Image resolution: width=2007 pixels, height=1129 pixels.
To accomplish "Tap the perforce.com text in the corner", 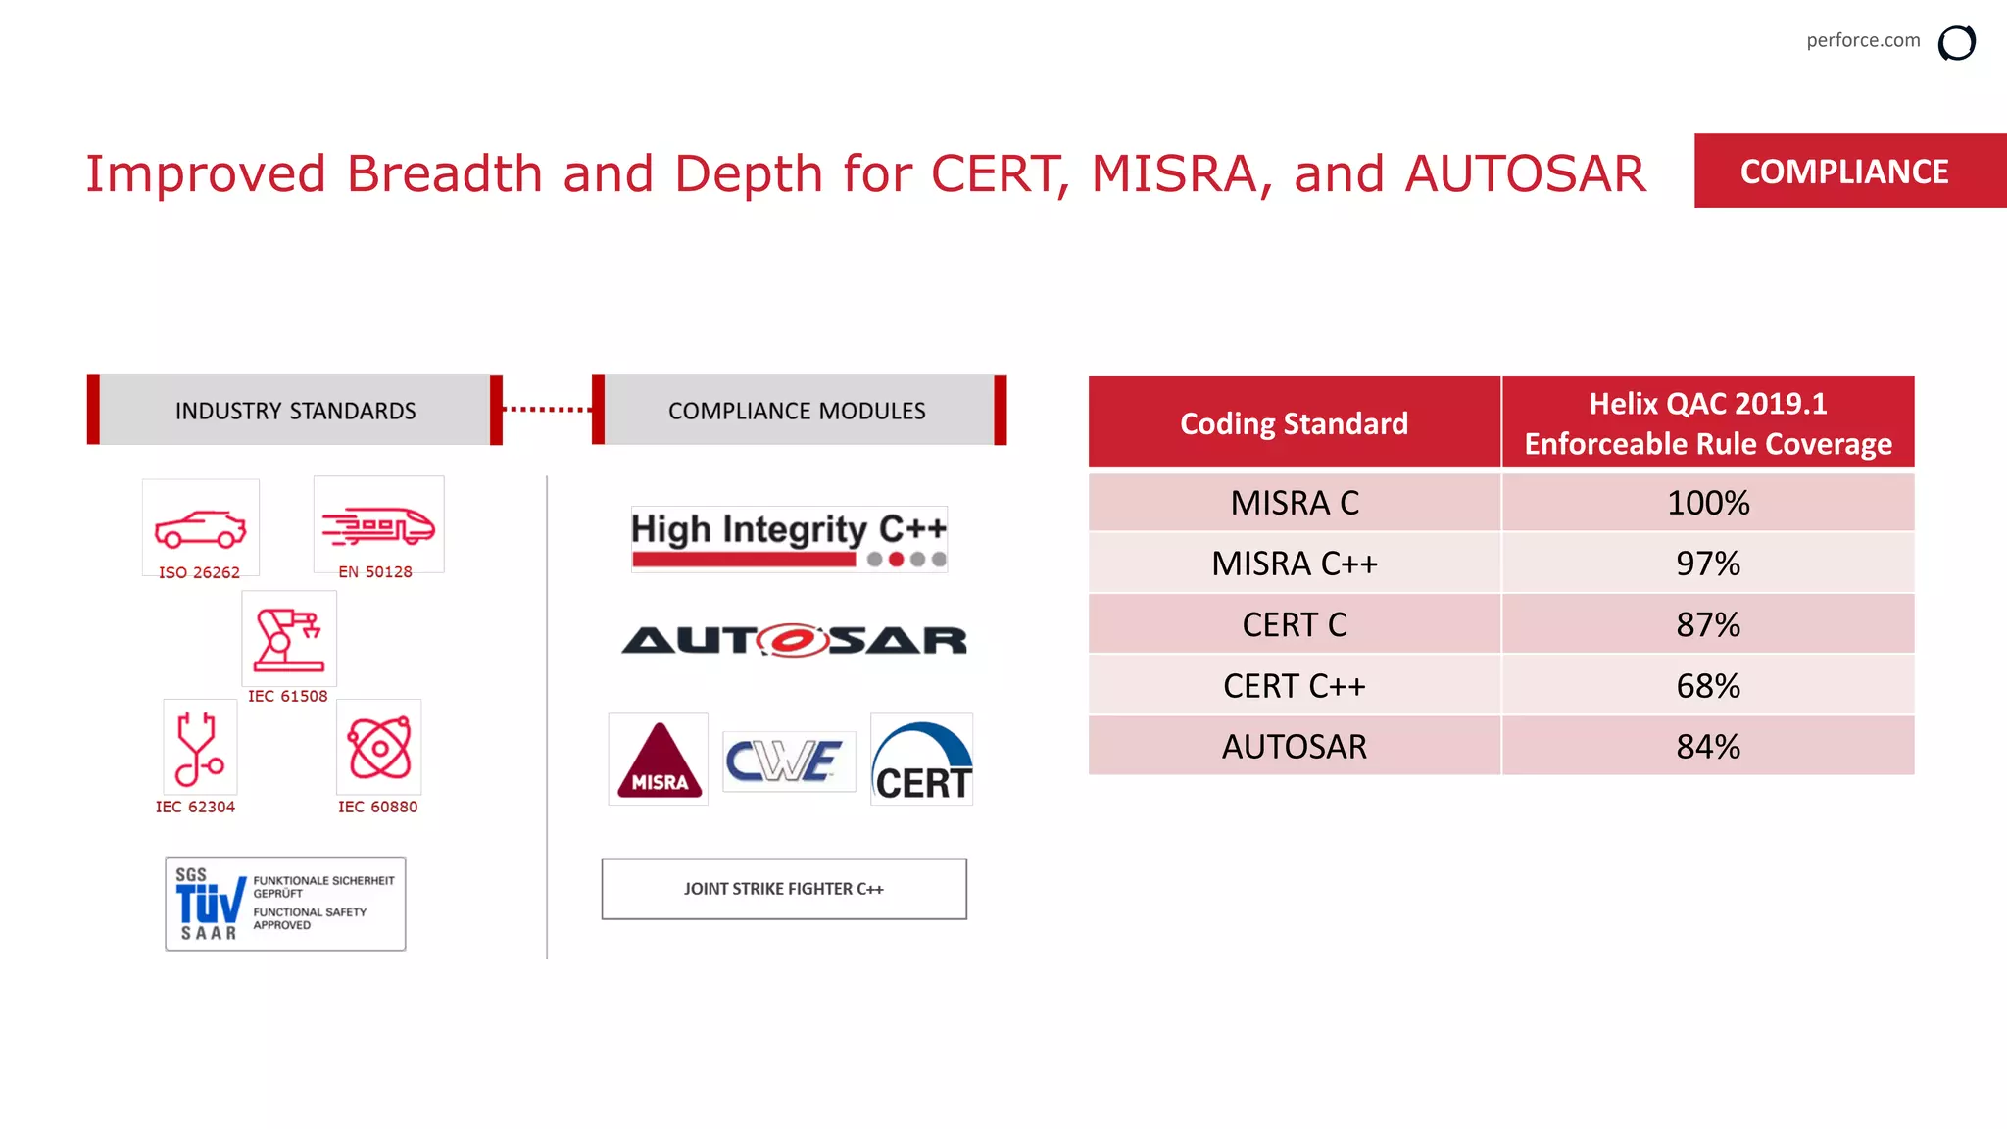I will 1862,40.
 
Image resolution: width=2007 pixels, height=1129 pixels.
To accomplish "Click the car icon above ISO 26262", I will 200,528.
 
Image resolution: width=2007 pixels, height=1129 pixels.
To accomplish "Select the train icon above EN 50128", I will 378,526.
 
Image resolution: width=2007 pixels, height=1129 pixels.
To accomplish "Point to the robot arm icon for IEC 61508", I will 288,639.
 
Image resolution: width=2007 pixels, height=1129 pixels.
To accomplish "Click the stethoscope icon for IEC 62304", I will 199,748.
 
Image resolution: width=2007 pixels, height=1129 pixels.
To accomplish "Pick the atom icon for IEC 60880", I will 378,748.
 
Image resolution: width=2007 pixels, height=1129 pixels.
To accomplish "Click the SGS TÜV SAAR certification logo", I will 285,904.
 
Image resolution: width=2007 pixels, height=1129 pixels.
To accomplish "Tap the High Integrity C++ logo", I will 788,539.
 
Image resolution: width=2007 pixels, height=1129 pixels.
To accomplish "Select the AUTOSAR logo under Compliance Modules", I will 794,640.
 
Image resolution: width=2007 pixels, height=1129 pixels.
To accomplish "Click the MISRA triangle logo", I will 659,760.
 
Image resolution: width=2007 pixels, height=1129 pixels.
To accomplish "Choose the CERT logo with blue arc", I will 921,761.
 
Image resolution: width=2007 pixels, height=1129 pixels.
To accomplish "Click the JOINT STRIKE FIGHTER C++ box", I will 784,889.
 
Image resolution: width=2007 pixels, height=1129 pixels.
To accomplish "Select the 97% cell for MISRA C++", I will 1707,564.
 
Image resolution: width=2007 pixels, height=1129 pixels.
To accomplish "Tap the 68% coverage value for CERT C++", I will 1707,686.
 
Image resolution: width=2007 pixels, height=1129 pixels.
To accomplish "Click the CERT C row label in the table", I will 1294,624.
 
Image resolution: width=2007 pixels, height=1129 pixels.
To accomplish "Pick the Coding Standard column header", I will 1294,423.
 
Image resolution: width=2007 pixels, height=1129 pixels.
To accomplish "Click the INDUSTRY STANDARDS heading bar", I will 295,411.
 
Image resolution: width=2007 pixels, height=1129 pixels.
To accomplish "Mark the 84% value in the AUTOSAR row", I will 1707,747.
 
